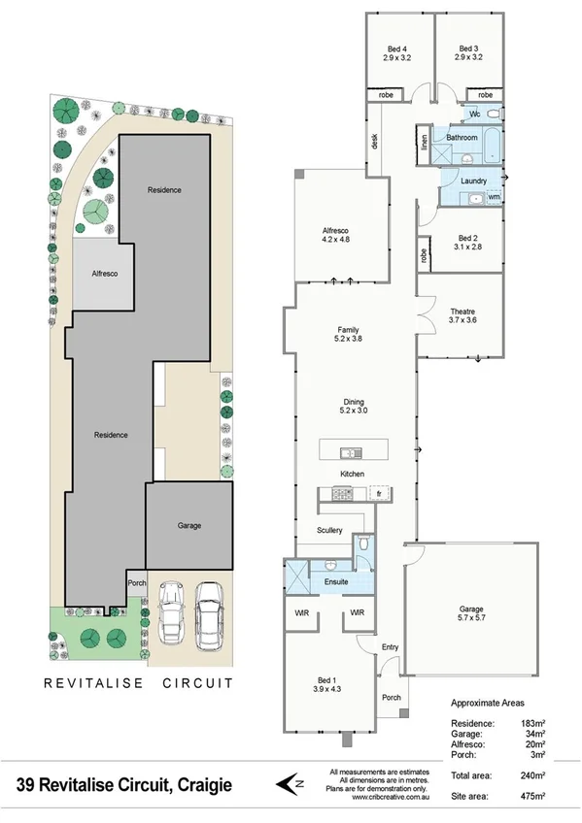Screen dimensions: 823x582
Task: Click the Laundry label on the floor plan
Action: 473,181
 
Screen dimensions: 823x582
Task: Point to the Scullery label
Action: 330,530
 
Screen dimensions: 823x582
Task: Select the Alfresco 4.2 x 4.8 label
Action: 336,235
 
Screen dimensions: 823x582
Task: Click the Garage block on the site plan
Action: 189,525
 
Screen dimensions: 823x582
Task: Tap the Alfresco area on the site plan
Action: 104,275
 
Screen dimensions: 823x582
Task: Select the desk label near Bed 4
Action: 373,142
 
